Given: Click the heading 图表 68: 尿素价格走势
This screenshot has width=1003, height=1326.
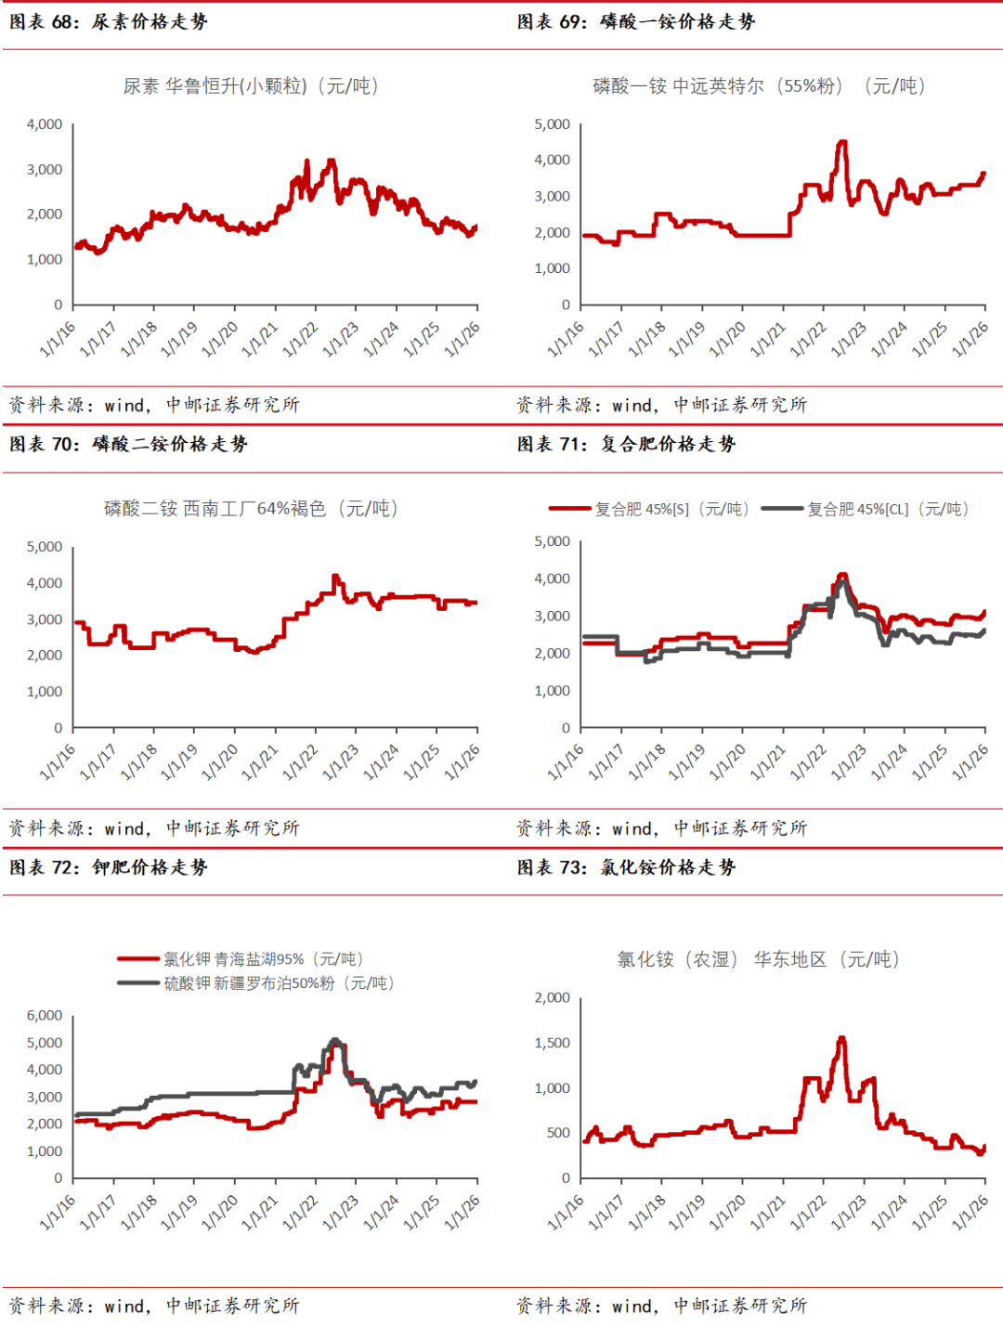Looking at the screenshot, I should click(109, 21).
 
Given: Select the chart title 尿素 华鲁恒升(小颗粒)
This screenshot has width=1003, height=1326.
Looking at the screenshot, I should click(251, 86).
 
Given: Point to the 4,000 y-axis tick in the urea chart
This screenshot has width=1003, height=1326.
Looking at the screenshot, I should click(45, 124).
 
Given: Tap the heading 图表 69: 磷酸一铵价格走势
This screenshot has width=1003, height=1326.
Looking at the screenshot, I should click(636, 21).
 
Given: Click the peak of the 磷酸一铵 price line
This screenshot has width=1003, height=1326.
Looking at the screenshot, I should click(842, 142).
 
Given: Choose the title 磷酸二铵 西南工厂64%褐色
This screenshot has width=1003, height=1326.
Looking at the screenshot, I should click(251, 509).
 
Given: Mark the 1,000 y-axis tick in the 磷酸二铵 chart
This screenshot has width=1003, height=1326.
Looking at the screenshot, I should click(45, 692).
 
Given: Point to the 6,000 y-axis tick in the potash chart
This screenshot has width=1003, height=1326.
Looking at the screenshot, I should click(45, 1016).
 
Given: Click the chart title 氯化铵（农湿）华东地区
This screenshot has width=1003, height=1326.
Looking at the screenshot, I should click(758, 959).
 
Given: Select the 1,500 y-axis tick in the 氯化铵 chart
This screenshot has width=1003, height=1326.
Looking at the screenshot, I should click(553, 1043).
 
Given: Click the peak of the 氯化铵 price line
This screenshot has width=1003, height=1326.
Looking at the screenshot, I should click(842, 1038).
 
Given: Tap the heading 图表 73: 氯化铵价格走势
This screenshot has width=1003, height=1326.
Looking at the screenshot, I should click(626, 867).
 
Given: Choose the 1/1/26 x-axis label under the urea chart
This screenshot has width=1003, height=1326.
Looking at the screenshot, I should click(462, 339).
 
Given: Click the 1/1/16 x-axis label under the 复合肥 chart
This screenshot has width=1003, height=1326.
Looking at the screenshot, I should click(566, 761).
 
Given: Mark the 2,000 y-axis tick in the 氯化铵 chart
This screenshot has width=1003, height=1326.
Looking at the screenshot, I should click(553, 998).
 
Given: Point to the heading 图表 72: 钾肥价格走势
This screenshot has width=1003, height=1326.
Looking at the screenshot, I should click(109, 867).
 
